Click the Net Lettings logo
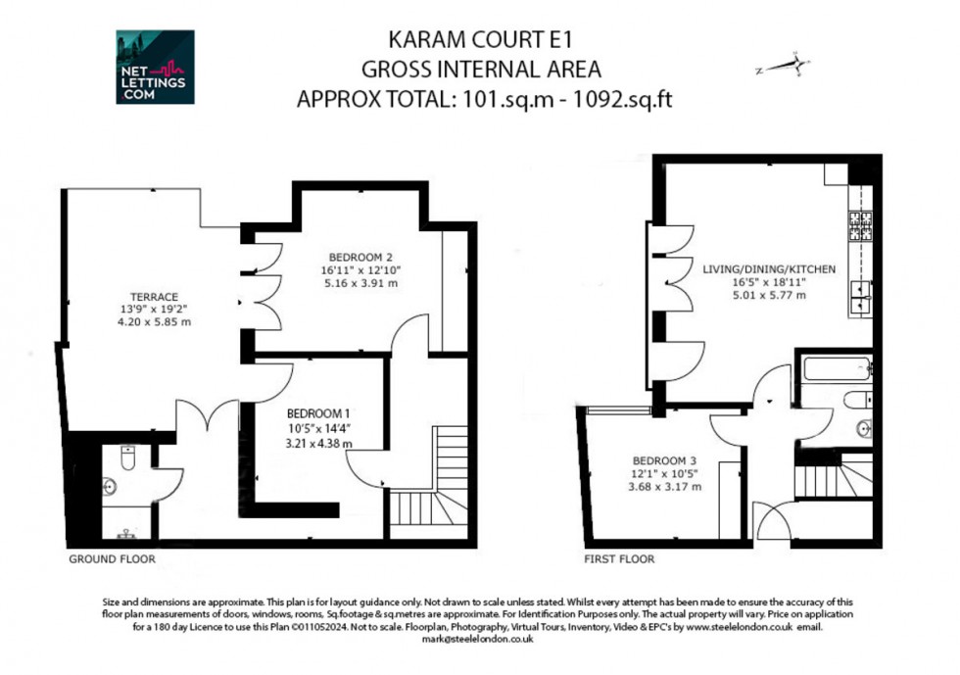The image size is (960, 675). tap(155, 67)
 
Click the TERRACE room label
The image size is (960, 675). tap(155, 297)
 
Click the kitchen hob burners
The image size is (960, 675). tap(860, 227)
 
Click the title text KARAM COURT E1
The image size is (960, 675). tap(480, 41)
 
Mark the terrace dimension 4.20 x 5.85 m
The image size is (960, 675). tap(155, 321)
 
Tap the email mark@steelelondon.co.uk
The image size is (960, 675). tap(479, 638)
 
